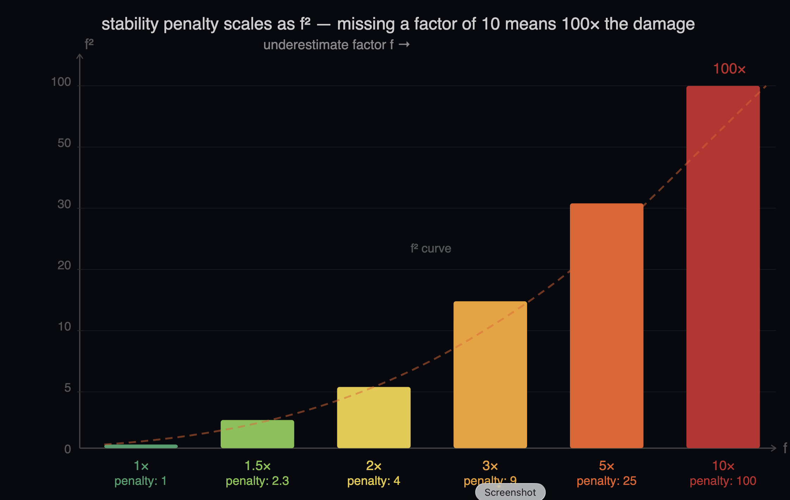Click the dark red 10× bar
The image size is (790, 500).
coord(723,267)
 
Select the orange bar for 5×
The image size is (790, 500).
coord(606,326)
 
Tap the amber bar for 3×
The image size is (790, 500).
coord(490,374)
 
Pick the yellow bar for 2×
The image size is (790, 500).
coord(374,417)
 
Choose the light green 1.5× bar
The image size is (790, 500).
coord(257,434)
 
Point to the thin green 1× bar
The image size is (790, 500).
coord(141,446)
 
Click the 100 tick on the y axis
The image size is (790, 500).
coord(61,82)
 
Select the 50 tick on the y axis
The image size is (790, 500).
coord(64,143)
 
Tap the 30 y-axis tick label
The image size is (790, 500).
coord(64,204)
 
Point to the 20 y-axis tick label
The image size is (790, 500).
coord(64,265)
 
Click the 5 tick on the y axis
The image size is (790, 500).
coord(68,388)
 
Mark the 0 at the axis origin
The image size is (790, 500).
coord(68,449)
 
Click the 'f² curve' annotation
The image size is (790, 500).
coord(431,248)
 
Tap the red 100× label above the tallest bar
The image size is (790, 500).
coord(729,69)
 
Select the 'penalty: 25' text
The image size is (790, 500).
coord(606,481)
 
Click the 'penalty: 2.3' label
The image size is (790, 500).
coord(257,481)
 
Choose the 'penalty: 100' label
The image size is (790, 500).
coord(723,481)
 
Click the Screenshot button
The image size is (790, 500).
coord(510,492)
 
